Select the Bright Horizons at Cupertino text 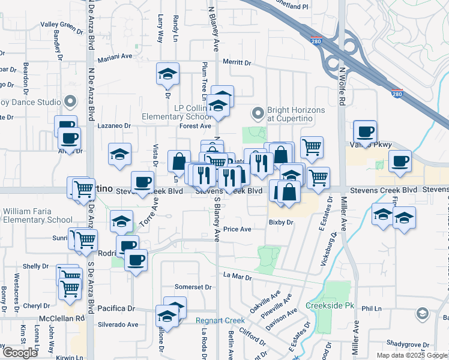point(297,115)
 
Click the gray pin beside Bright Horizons point(258,112)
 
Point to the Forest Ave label point(195,126)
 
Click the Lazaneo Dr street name point(114,126)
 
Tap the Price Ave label point(237,229)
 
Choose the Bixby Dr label point(280,222)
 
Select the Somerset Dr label point(193,287)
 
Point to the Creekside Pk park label point(330,305)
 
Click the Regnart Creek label point(218,320)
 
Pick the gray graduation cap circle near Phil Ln point(423,314)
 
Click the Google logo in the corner point(20,353)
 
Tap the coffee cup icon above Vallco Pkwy point(365,131)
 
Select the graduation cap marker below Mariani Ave point(167,74)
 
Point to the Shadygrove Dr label point(408,344)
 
